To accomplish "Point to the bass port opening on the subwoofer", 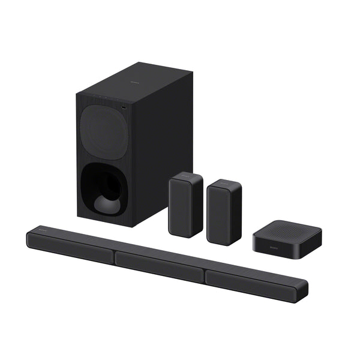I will [104, 187].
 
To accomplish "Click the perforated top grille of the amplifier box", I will [276, 228].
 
